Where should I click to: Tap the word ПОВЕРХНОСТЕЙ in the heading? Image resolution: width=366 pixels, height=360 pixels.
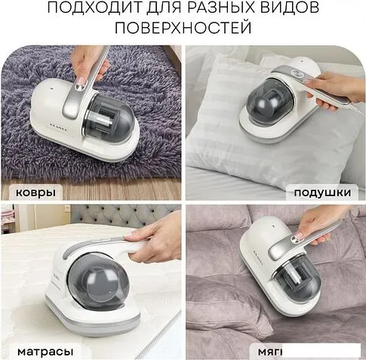click(183, 29)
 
